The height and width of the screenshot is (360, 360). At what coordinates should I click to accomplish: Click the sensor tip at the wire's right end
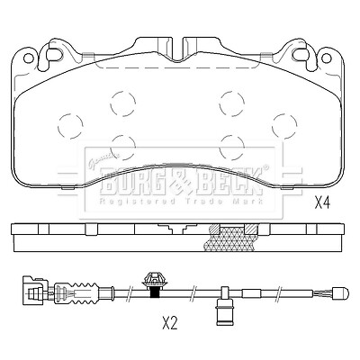(x=339, y=292)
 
